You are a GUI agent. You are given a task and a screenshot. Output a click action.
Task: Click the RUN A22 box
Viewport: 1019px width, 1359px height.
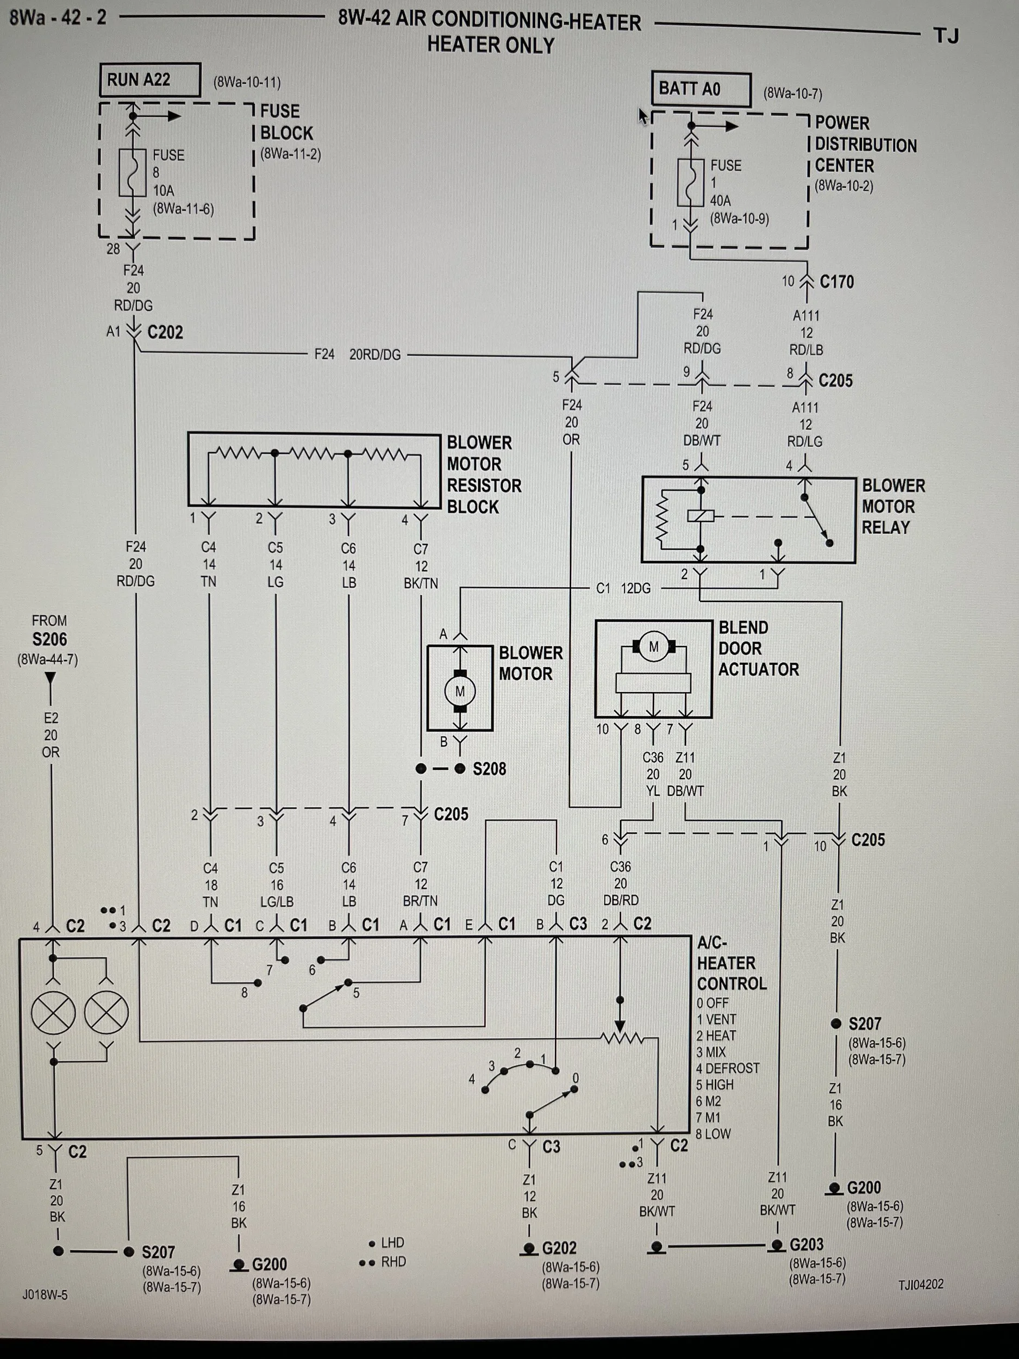[x=151, y=80]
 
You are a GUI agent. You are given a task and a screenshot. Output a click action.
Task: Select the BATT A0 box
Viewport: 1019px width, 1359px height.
[x=702, y=90]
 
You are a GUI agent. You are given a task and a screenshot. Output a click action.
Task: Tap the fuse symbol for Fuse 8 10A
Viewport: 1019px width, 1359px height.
[x=132, y=173]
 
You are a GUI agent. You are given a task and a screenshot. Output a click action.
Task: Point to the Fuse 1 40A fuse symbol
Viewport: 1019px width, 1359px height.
[x=690, y=183]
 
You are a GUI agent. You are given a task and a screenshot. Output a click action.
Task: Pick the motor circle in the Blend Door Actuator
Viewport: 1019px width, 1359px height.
[x=654, y=646]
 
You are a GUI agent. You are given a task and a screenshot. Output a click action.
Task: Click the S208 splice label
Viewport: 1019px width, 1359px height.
[x=489, y=769]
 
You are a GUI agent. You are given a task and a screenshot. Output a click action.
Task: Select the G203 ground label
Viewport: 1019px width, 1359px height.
[x=807, y=1244]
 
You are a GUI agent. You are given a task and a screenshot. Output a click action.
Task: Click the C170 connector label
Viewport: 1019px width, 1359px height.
[x=836, y=282]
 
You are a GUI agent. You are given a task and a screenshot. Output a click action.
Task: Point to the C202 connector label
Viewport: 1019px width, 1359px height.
[x=165, y=332]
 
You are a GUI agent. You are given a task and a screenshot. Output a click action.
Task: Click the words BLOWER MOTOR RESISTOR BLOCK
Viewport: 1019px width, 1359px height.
[x=484, y=475]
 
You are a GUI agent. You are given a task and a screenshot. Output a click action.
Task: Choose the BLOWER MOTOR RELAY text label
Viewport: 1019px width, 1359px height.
[x=893, y=506]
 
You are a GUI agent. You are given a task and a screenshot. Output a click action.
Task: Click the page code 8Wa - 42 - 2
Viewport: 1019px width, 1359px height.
[x=58, y=17]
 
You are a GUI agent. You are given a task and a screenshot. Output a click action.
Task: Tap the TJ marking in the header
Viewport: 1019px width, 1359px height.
[x=946, y=36]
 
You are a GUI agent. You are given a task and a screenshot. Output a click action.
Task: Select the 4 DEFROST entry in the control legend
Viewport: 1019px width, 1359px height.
[x=728, y=1068]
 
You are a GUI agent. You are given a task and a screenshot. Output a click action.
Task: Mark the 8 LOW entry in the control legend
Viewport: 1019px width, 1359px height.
[x=713, y=1133]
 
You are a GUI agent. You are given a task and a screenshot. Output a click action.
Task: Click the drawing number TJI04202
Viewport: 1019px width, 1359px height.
[x=921, y=1284]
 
